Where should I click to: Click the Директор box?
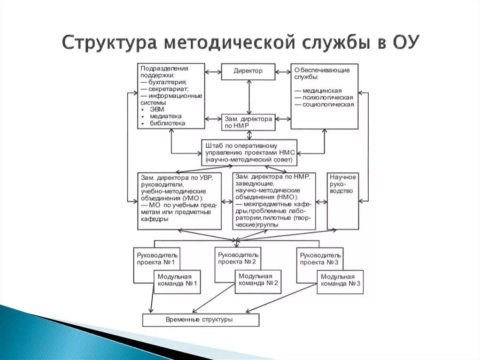(248, 71)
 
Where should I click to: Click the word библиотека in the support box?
(167, 123)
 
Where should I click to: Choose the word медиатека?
(165, 116)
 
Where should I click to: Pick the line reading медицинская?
(321, 90)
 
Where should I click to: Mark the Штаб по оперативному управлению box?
(249, 153)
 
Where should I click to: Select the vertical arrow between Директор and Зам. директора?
(248, 97)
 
